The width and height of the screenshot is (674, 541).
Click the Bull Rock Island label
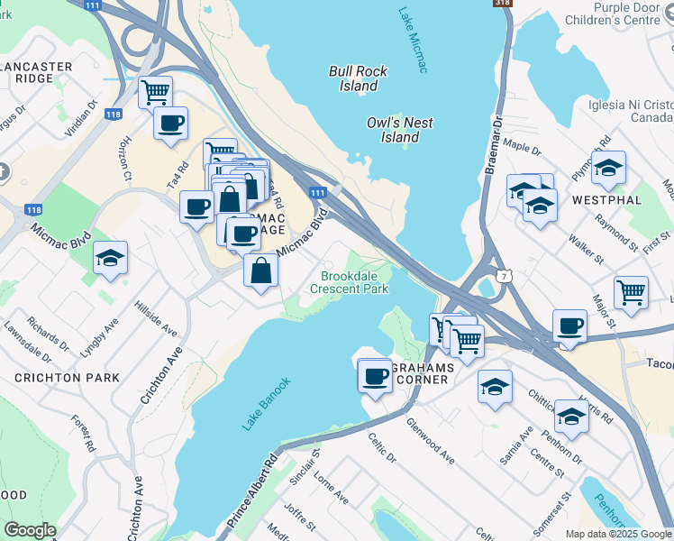point(358,78)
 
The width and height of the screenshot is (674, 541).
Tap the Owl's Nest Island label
point(399,130)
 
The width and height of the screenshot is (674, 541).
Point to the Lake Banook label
point(266,403)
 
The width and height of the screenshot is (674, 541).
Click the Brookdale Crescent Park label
point(349,282)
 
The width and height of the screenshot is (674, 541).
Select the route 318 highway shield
point(502,5)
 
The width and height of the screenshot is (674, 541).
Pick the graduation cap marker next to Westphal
point(608,168)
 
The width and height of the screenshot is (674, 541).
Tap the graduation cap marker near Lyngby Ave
point(110,258)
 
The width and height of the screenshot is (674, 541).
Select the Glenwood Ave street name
point(430,440)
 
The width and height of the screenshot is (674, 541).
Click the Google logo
point(30,530)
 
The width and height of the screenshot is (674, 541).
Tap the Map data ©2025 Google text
point(617,533)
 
